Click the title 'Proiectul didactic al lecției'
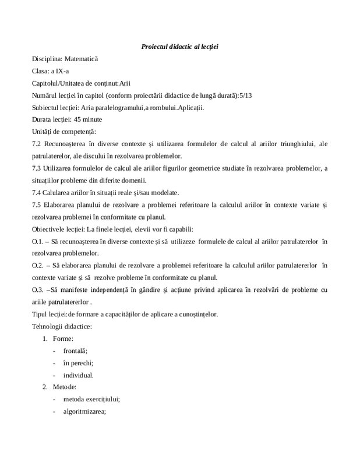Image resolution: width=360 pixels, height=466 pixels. point(179,46)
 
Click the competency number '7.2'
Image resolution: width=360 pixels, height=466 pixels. point(38,144)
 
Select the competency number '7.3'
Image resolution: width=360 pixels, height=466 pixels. point(38,168)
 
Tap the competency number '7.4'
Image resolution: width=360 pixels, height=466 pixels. point(38,193)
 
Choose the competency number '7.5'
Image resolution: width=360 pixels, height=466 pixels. point(38,205)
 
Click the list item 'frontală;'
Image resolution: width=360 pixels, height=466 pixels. point(75,351)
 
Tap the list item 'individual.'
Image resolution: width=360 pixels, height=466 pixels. point(78,375)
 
